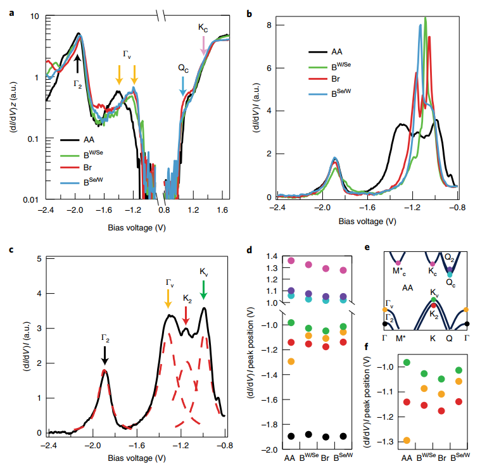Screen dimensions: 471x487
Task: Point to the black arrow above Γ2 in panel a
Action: pyautogui.click(x=77, y=62)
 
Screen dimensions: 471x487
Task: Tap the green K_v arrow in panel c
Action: pyautogui.click(x=203, y=290)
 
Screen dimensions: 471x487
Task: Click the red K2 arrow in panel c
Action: pyautogui.click(x=186, y=313)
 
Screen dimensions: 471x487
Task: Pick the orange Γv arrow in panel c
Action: pyautogui.click(x=168, y=298)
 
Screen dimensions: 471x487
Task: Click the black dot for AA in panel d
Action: pyautogui.click(x=291, y=436)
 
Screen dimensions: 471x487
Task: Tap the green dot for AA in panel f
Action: pyautogui.click(x=407, y=362)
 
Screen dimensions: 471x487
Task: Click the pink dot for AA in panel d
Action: pyautogui.click(x=291, y=260)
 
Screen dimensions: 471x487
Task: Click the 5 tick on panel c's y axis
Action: pyautogui.click(x=40, y=259)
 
